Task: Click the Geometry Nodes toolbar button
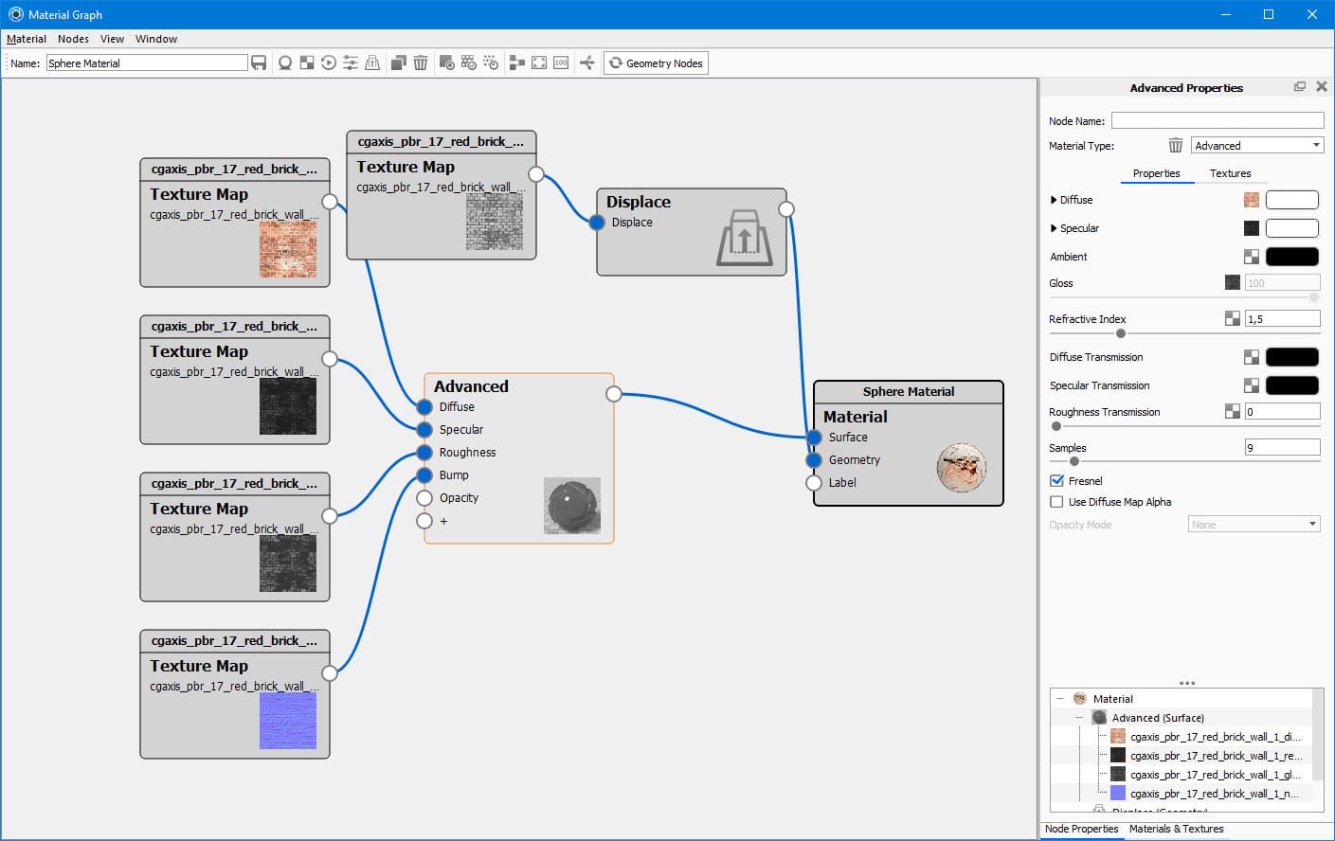pos(656,63)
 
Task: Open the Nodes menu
pos(73,39)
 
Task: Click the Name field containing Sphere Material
pos(147,63)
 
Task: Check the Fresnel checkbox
pos(1057,481)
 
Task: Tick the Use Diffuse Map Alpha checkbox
pos(1057,502)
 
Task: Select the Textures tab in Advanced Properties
pos(1230,173)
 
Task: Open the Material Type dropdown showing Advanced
pos(1256,146)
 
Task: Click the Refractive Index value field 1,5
pos(1282,319)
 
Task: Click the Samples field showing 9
pos(1282,448)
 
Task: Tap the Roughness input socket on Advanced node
pos(424,453)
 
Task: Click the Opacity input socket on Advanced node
pos(424,498)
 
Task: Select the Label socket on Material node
pos(814,483)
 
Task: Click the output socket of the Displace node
pos(785,209)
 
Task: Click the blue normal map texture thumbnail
pos(288,721)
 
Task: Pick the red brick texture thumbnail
pos(288,249)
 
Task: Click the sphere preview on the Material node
pos(961,468)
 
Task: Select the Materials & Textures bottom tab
pos(1176,829)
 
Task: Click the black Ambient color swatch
pos(1291,257)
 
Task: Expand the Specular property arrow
pos(1054,228)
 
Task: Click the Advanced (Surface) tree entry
pos(1157,718)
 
